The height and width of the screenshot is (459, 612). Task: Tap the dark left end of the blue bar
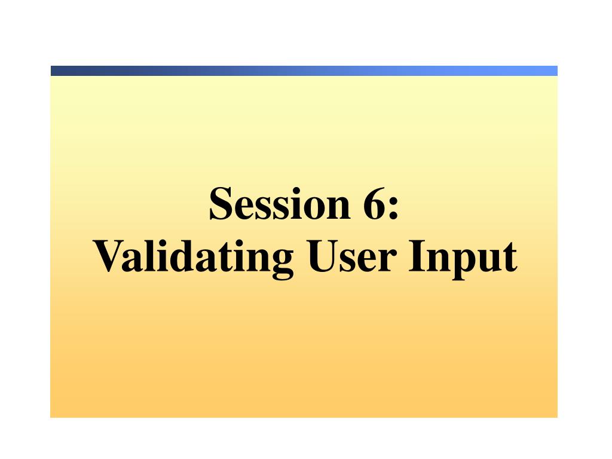click(56, 71)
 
